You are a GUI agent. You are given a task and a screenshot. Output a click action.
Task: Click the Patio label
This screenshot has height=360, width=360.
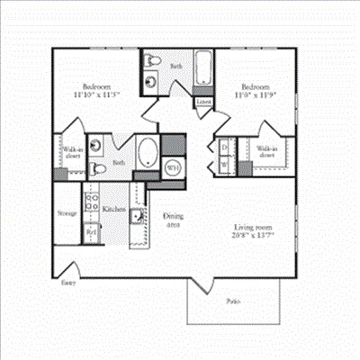tap(232, 301)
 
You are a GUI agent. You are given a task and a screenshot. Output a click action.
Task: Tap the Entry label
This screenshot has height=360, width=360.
tap(67, 282)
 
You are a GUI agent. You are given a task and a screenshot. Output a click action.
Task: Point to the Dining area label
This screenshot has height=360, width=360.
tap(173, 220)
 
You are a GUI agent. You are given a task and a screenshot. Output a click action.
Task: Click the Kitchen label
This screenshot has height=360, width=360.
tap(114, 208)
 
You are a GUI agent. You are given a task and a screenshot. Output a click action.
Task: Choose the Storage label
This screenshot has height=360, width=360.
tap(67, 213)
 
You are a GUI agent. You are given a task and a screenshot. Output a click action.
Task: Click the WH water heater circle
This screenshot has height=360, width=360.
tap(175, 166)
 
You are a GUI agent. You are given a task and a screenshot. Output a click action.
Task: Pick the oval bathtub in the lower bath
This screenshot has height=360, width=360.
tap(148, 152)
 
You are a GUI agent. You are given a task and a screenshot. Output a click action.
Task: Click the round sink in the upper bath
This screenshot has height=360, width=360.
tap(149, 81)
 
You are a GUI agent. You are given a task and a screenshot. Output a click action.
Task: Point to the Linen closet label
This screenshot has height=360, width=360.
tap(205, 103)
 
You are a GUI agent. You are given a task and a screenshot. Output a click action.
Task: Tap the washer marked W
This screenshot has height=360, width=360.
tap(223, 166)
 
